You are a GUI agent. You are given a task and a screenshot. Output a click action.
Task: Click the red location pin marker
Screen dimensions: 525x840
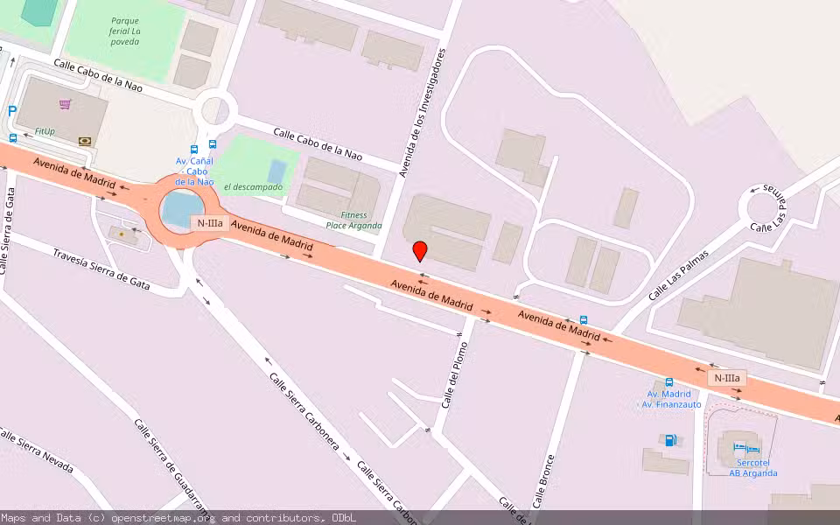pos(420,251)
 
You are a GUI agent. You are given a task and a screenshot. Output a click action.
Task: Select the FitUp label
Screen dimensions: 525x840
pos(45,131)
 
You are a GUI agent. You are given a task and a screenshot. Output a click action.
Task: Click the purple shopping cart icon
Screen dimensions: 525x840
pos(65,104)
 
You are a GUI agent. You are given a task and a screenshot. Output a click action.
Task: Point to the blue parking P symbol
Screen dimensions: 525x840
pos(11,111)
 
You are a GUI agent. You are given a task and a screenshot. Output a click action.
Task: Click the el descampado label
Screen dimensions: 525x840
pos(253,187)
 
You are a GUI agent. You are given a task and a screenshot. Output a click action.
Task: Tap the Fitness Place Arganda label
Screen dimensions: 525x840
pos(353,220)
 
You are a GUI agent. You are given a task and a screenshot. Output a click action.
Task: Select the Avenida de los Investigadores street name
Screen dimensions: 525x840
pos(423,113)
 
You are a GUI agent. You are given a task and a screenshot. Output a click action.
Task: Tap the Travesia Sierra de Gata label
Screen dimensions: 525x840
pos(102,268)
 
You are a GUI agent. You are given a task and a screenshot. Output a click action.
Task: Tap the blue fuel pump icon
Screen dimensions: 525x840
pos(669,440)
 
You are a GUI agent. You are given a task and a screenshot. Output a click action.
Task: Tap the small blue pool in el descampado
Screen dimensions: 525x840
pos(276,171)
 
